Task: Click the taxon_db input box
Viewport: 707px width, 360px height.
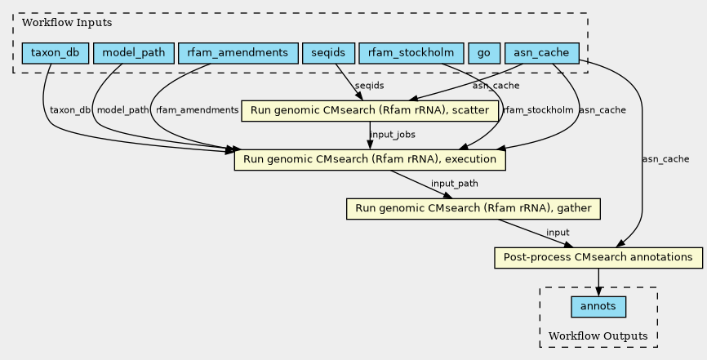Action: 55,53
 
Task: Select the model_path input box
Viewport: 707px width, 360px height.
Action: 133,53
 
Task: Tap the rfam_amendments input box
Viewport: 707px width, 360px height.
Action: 238,53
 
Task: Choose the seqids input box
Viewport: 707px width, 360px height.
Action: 328,53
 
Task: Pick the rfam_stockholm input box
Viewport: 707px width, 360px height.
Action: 411,53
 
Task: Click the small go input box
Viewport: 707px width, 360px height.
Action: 484,53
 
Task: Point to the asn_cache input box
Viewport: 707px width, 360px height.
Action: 541,53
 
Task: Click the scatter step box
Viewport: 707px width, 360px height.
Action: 370,110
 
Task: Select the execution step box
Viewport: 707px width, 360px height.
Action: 370,159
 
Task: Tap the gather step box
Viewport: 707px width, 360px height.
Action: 474,208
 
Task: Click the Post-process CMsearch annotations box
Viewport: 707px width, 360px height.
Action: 598,258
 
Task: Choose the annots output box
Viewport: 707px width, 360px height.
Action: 598,307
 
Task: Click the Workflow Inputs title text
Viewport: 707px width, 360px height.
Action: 67,23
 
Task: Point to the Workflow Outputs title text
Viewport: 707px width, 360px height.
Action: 598,336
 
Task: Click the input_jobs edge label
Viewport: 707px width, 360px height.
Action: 392,135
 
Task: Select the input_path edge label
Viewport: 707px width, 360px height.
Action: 455,184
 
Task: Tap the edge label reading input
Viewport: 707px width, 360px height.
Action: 558,233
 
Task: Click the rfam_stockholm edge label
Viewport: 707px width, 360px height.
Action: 538,110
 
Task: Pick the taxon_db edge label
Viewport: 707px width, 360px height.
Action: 70,110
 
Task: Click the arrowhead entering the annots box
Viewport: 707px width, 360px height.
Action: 598,292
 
